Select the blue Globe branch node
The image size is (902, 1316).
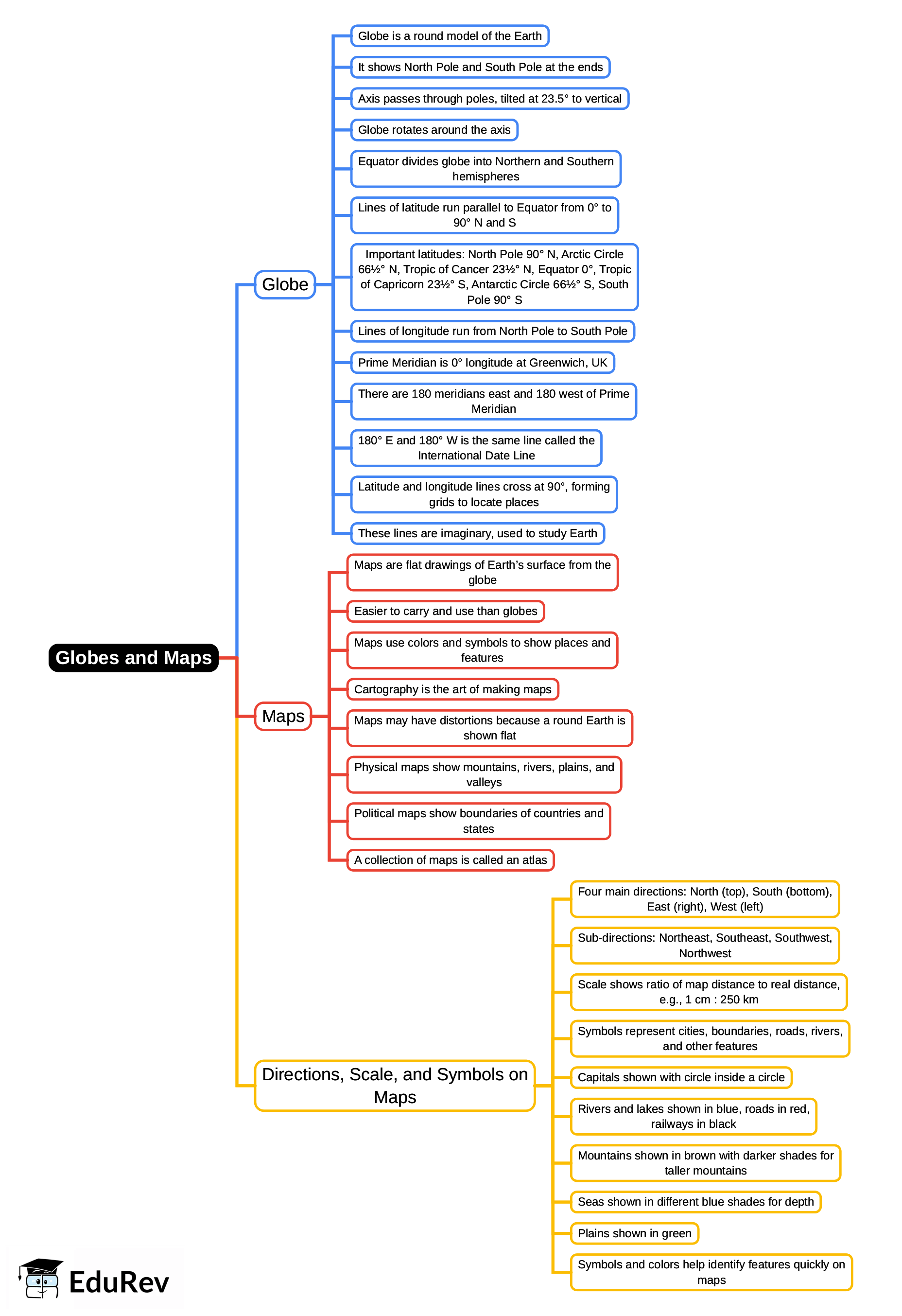coord(285,284)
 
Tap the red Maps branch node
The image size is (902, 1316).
coord(283,716)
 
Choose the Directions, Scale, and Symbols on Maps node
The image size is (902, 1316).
coord(395,1085)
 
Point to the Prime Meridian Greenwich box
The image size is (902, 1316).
coord(483,362)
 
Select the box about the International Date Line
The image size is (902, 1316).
coord(476,448)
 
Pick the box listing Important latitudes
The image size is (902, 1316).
coord(494,277)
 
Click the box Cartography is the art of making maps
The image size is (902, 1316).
coord(452,689)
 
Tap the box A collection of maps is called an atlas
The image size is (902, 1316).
coord(450,860)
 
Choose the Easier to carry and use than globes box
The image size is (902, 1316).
coord(446,611)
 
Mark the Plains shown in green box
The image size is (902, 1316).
coord(634,1233)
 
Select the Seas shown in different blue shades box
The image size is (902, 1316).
coord(695,1202)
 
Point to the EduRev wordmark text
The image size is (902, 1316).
coord(119,1282)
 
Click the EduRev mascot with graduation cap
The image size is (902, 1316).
coord(40,1278)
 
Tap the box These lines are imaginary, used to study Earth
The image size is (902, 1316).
coord(477,533)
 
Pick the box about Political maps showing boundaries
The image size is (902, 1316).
coord(479,821)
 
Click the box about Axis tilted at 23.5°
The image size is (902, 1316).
coord(489,99)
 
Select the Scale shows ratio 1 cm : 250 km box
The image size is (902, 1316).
coord(709,992)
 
